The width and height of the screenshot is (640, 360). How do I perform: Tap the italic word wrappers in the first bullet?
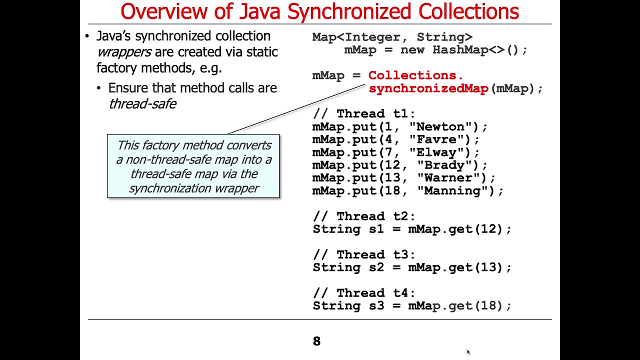(123, 52)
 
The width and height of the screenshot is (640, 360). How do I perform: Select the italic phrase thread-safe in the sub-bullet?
(142, 103)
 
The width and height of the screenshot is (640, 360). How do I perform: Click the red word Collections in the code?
(412, 75)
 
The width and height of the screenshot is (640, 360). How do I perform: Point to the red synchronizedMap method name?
(428, 88)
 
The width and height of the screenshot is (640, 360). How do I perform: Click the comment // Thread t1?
(364, 114)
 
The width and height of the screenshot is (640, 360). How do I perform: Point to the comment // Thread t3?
(364, 255)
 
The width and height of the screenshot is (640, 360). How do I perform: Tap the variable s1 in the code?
(376, 229)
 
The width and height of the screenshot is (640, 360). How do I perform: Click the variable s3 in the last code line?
(376, 305)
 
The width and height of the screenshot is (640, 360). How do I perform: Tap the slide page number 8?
(316, 341)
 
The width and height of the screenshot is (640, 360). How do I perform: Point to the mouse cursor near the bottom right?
(468, 352)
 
